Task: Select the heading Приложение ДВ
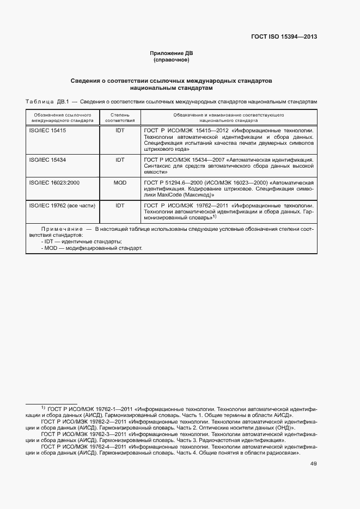coord(171,53)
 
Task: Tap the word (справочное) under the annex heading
coord(171,60)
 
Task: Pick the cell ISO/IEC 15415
coord(47,131)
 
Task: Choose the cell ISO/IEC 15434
coord(47,160)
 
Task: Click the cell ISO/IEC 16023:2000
coord(54,182)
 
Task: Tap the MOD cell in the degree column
coord(120,182)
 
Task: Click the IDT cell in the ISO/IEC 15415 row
coord(120,131)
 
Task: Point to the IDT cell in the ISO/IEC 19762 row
coord(120,205)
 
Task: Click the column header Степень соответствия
coord(120,118)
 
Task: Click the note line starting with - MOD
coord(91,248)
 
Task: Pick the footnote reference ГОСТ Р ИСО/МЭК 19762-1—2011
coord(87,408)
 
